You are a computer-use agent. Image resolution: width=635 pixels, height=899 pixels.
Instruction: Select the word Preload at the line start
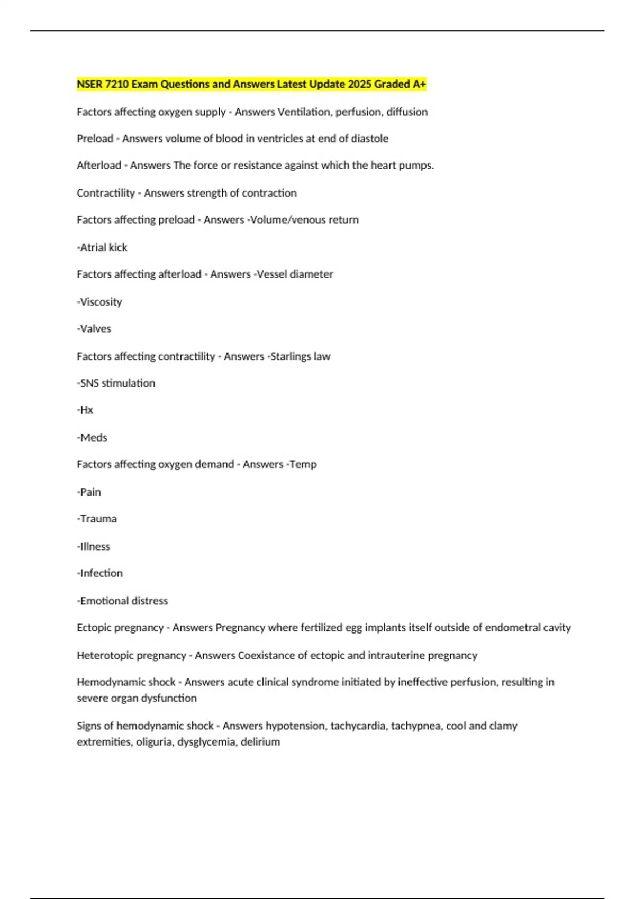(x=95, y=139)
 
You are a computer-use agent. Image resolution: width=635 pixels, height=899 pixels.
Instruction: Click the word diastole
(x=370, y=139)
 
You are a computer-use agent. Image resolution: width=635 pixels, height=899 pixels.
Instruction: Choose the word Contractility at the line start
(x=105, y=193)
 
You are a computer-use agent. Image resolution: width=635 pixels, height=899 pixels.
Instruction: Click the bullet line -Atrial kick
(x=102, y=247)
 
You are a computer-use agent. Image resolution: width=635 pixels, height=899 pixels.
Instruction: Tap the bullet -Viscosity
(x=99, y=302)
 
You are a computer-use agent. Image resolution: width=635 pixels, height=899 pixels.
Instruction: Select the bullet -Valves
(x=94, y=329)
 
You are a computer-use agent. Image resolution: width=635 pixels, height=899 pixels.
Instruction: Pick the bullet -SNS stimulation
(x=116, y=383)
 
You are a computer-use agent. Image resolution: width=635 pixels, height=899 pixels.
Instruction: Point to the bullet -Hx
(x=85, y=410)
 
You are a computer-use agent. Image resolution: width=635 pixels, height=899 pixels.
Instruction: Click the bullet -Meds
(x=92, y=438)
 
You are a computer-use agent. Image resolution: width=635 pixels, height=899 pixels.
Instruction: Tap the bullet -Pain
(x=89, y=492)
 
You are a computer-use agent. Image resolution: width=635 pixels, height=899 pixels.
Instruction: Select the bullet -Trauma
(x=97, y=519)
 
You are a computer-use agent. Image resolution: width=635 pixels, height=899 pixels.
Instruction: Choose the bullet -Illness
(x=94, y=547)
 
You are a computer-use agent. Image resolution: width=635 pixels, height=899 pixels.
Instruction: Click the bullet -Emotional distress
(x=122, y=601)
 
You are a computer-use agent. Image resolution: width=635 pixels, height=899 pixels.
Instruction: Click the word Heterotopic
(x=105, y=656)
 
